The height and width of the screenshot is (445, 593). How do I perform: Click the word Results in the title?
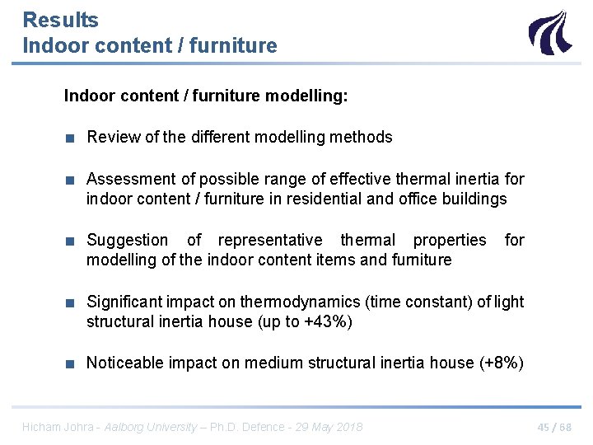[61, 20]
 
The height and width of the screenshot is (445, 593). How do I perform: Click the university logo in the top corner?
[549, 32]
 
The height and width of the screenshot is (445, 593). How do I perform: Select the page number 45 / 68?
[553, 427]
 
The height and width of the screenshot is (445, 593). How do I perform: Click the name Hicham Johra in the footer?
[56, 427]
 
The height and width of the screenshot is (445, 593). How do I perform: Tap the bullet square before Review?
[72, 138]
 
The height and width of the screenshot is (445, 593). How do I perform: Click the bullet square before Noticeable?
[72, 363]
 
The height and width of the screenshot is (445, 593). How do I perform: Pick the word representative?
[270, 240]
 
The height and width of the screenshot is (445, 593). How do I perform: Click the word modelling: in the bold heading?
[306, 96]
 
